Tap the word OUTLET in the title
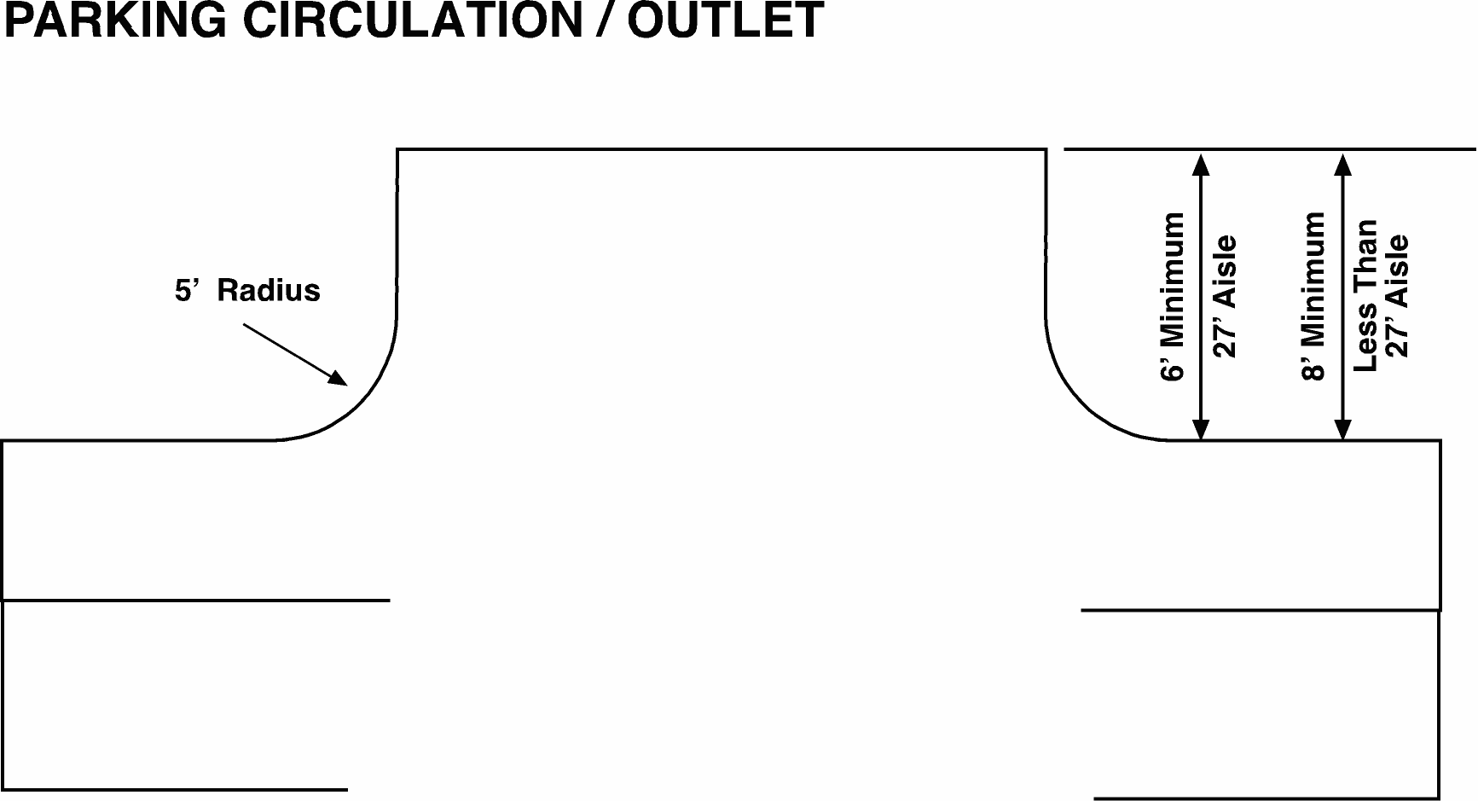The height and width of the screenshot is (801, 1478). pos(726,20)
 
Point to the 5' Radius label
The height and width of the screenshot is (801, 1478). pos(247,291)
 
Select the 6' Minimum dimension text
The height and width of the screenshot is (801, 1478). pos(1174,297)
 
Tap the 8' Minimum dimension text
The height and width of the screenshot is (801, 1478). pos(1314,297)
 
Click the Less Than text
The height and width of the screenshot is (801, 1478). pos(1366,295)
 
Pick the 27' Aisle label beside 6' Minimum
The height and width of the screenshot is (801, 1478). pos(1225,297)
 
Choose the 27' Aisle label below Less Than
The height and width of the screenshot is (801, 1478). pos(1397,297)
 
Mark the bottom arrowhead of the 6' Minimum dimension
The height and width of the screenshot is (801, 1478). pos(1201,429)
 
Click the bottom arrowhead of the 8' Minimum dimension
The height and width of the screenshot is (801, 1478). pos(1343,429)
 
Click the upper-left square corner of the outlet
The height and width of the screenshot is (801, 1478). pos(398,150)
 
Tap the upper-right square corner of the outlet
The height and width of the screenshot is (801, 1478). pos(1046,150)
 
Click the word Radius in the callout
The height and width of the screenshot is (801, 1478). pos(269,291)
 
